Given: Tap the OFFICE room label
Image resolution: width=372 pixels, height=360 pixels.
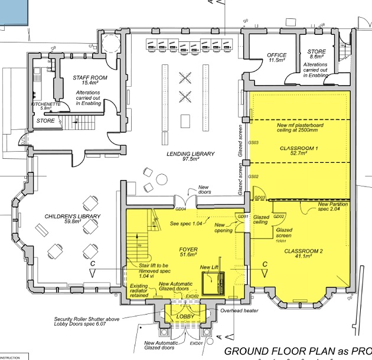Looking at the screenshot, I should point(277,55).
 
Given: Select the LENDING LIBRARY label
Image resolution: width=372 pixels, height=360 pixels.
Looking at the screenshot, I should point(191,153).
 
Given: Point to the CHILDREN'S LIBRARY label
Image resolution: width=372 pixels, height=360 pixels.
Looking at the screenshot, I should point(73,217).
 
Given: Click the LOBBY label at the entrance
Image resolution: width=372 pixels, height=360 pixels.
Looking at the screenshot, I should point(185,317).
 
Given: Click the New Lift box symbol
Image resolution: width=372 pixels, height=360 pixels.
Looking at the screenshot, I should point(213,286).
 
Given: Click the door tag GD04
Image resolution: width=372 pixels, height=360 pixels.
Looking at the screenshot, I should point(181,209).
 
